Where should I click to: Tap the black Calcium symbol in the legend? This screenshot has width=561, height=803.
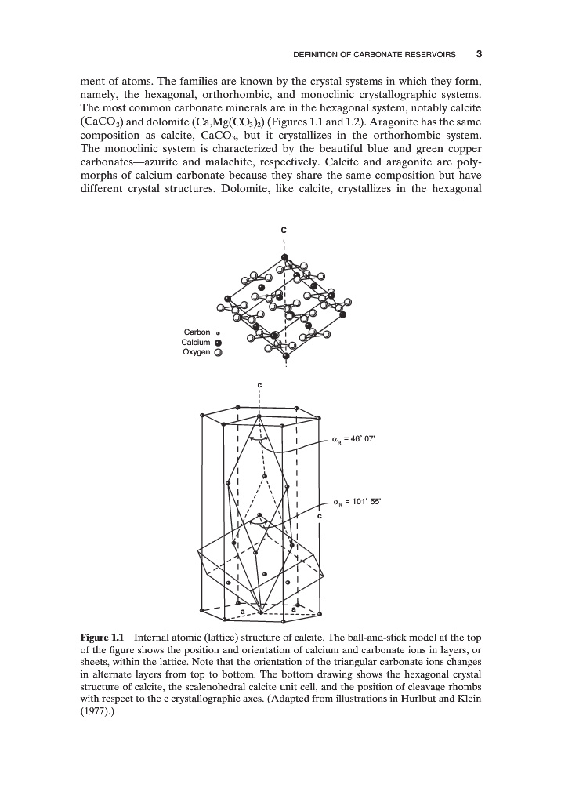[219, 342]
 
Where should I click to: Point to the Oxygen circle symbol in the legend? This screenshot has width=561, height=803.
[219, 352]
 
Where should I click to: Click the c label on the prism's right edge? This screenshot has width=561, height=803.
[320, 517]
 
